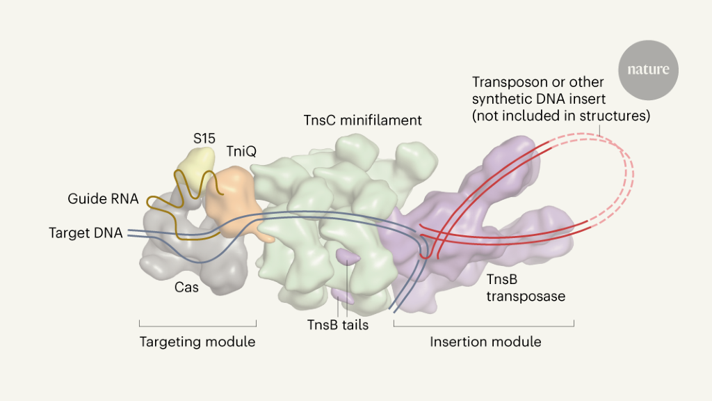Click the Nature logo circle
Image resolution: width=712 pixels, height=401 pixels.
click(x=648, y=70)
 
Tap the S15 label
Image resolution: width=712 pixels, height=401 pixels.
click(x=204, y=139)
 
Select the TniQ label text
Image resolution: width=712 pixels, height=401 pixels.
click(x=241, y=151)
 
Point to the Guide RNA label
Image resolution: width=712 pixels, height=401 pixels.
click(x=102, y=199)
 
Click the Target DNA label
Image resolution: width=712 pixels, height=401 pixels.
click(x=86, y=233)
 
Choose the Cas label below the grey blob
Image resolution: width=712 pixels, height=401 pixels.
click(x=186, y=287)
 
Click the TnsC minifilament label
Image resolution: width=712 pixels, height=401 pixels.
click(x=362, y=120)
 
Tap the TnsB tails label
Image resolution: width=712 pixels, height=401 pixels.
click(x=338, y=324)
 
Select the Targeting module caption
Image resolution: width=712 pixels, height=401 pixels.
click(x=197, y=342)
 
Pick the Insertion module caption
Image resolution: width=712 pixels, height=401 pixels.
click(x=485, y=342)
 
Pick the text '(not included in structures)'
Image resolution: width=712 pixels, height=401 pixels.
click(x=561, y=116)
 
